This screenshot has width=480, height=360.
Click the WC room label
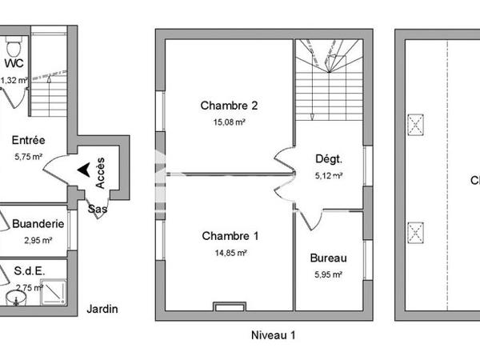tap(13, 64)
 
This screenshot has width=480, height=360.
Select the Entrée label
tap(28, 140)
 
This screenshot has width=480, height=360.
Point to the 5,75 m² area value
tap(28, 158)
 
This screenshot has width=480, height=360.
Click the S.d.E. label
tap(30, 271)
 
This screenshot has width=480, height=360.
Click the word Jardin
tap(103, 308)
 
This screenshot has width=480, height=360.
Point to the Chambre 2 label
tap(229, 106)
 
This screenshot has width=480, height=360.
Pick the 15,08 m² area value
tap(229, 122)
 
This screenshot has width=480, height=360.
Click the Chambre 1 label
tap(230, 236)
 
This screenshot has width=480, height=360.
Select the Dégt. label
tap(329, 158)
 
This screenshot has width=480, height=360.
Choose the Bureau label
tap(328, 258)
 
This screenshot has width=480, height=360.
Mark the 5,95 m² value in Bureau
tap(328, 274)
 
